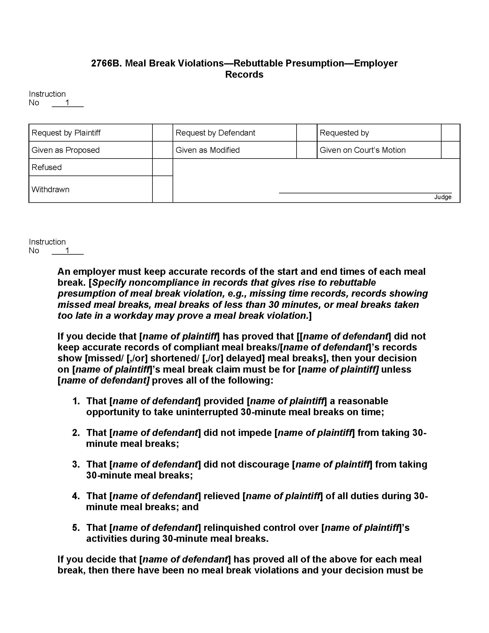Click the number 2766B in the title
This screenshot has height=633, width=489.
coord(106,63)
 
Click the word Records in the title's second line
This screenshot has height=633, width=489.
coord(244,75)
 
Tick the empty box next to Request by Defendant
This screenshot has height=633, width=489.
coord(307,133)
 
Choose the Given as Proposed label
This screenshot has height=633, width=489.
coord(66,150)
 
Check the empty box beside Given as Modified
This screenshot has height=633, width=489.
coord(307,150)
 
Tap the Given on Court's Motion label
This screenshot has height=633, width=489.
coord(362,150)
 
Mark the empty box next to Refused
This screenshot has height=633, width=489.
coord(163,167)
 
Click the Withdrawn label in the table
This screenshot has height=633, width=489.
coord(50,189)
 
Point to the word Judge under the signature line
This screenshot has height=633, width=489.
coord(443,197)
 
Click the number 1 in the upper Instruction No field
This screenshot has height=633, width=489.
coord(68,103)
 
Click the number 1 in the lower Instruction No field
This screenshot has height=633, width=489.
coord(68,250)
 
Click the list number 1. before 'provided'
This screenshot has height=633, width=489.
coord(76,401)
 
